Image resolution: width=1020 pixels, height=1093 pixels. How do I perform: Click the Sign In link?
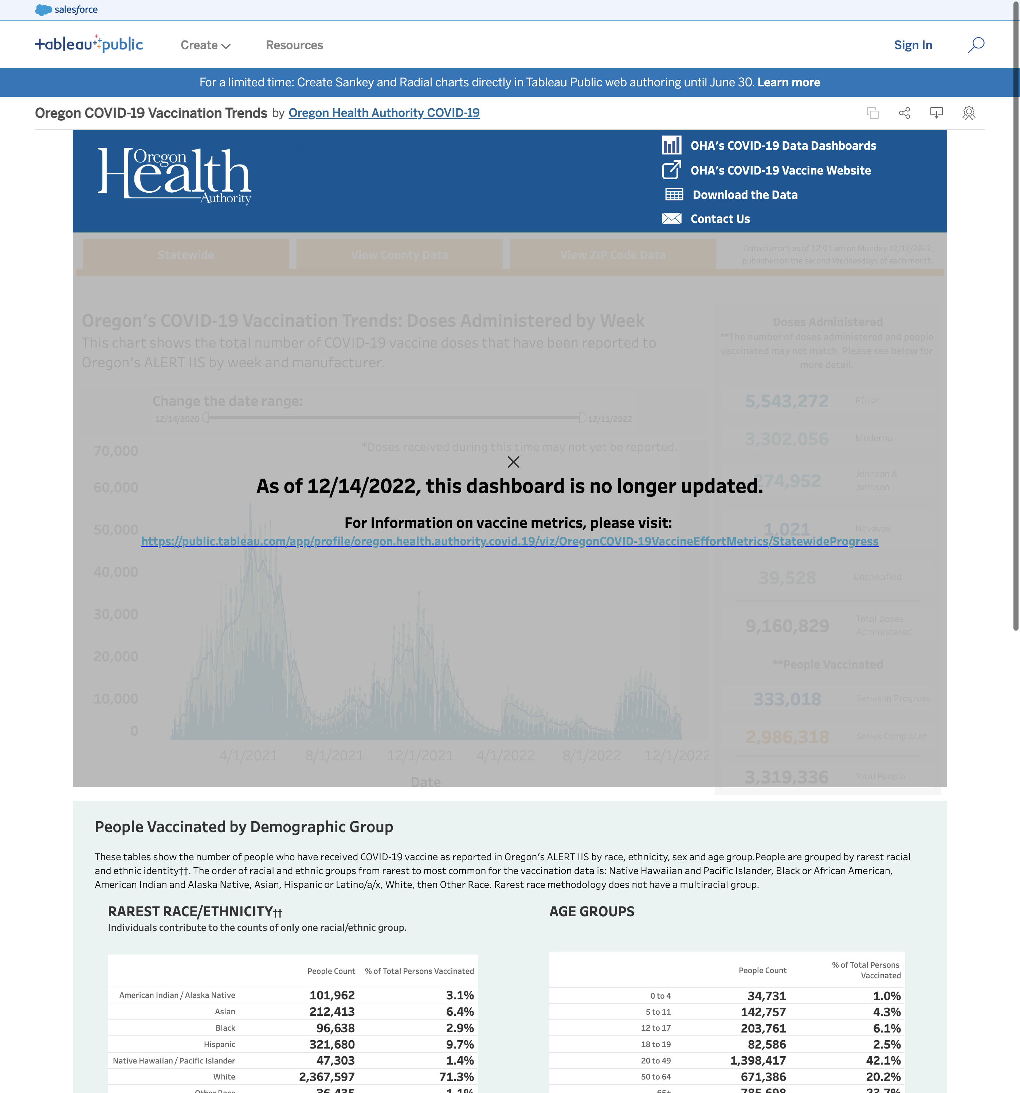pyautogui.click(x=913, y=45)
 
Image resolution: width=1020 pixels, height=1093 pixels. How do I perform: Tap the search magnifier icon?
pyautogui.click(x=976, y=44)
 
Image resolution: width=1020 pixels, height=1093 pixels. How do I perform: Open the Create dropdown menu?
pyautogui.click(x=205, y=45)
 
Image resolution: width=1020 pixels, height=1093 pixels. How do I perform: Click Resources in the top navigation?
pyautogui.click(x=294, y=45)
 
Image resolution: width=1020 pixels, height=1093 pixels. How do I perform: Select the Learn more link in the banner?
pyautogui.click(x=789, y=82)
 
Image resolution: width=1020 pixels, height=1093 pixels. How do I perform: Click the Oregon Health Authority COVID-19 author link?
pyautogui.click(x=384, y=113)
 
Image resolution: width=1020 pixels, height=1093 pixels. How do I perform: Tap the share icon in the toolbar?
pyautogui.click(x=905, y=113)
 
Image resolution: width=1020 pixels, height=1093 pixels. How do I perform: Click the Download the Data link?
pyautogui.click(x=745, y=195)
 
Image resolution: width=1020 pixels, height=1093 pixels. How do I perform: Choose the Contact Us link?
pyautogui.click(x=720, y=219)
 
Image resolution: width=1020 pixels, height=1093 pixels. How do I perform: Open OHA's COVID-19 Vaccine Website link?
pyautogui.click(x=780, y=171)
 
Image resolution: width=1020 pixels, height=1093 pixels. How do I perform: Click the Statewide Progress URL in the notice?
pyautogui.click(x=510, y=541)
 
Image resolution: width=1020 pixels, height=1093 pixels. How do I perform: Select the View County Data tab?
pyautogui.click(x=399, y=255)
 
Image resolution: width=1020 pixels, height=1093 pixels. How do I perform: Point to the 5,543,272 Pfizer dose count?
pyautogui.click(x=786, y=401)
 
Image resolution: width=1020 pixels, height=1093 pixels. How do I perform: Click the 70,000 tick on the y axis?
pyautogui.click(x=115, y=451)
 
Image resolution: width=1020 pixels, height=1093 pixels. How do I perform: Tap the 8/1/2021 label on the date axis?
pyautogui.click(x=334, y=755)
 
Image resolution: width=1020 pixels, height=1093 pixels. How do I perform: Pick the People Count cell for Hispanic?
pyautogui.click(x=332, y=1044)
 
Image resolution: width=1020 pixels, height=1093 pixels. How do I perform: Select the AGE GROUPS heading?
pyautogui.click(x=592, y=912)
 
